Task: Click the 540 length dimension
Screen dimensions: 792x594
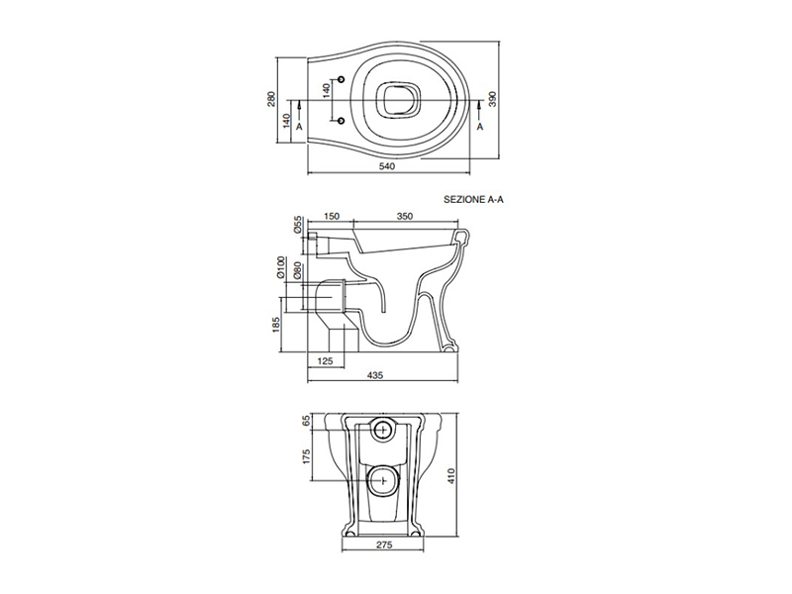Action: pyautogui.click(x=386, y=166)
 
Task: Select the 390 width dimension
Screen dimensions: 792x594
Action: pyautogui.click(x=493, y=100)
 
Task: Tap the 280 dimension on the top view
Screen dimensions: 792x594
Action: pyautogui.click(x=271, y=100)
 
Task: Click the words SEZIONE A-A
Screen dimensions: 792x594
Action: pyautogui.click(x=473, y=200)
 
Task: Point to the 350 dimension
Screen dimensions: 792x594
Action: pyautogui.click(x=405, y=216)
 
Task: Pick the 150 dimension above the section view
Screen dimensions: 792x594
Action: pyautogui.click(x=331, y=216)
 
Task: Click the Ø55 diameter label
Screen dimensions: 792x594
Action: pyautogui.click(x=298, y=225)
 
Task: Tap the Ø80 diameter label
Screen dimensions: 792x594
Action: pyautogui.click(x=297, y=270)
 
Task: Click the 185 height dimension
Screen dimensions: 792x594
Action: pyautogui.click(x=275, y=326)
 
